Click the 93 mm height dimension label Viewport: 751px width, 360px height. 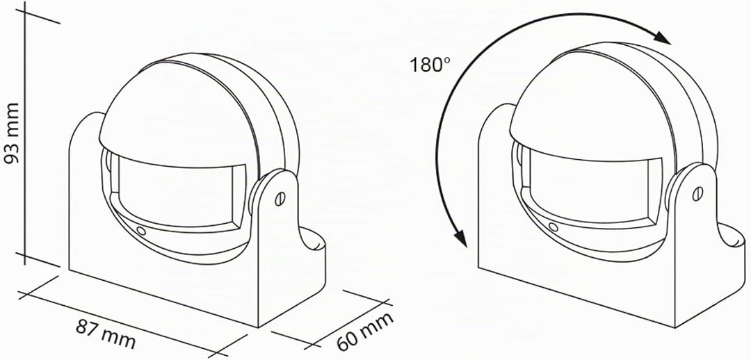click(x=12, y=133)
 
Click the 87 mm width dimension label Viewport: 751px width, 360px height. click(x=106, y=333)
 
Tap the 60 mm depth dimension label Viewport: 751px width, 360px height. click(x=365, y=331)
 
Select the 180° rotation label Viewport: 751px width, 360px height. click(x=430, y=65)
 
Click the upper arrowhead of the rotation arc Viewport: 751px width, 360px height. click(x=663, y=38)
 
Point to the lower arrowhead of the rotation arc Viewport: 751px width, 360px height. click(x=460, y=238)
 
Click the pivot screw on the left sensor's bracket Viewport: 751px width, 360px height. click(x=280, y=198)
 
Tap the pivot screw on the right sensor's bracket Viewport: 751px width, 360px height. click(x=698, y=193)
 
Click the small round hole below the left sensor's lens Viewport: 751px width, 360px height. click(x=140, y=230)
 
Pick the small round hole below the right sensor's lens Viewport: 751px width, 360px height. click(x=554, y=227)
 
